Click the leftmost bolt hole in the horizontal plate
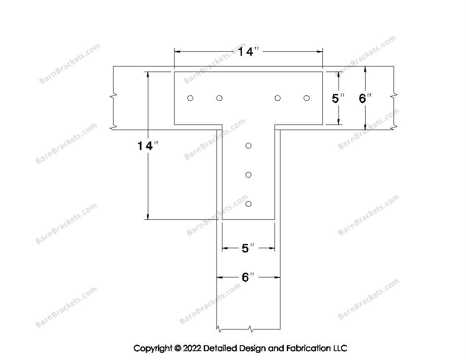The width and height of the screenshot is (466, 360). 190,98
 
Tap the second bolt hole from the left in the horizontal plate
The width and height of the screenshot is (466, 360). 219,98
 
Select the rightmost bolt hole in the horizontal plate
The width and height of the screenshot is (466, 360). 307,98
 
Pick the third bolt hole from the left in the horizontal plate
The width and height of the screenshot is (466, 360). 277,98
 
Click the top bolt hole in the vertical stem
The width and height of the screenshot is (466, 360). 248,146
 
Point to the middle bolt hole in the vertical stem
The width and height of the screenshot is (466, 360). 248,174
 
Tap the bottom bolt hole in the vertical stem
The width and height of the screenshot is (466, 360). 248,204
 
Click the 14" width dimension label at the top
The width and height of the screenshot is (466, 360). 248,52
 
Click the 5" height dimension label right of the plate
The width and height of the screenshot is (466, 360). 338,98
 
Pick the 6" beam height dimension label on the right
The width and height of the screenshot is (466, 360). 365,98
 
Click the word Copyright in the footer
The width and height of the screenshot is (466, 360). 153,349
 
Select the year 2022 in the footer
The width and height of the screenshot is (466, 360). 192,348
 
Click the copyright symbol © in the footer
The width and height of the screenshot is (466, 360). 178,348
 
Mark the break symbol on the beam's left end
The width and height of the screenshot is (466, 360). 113,96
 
